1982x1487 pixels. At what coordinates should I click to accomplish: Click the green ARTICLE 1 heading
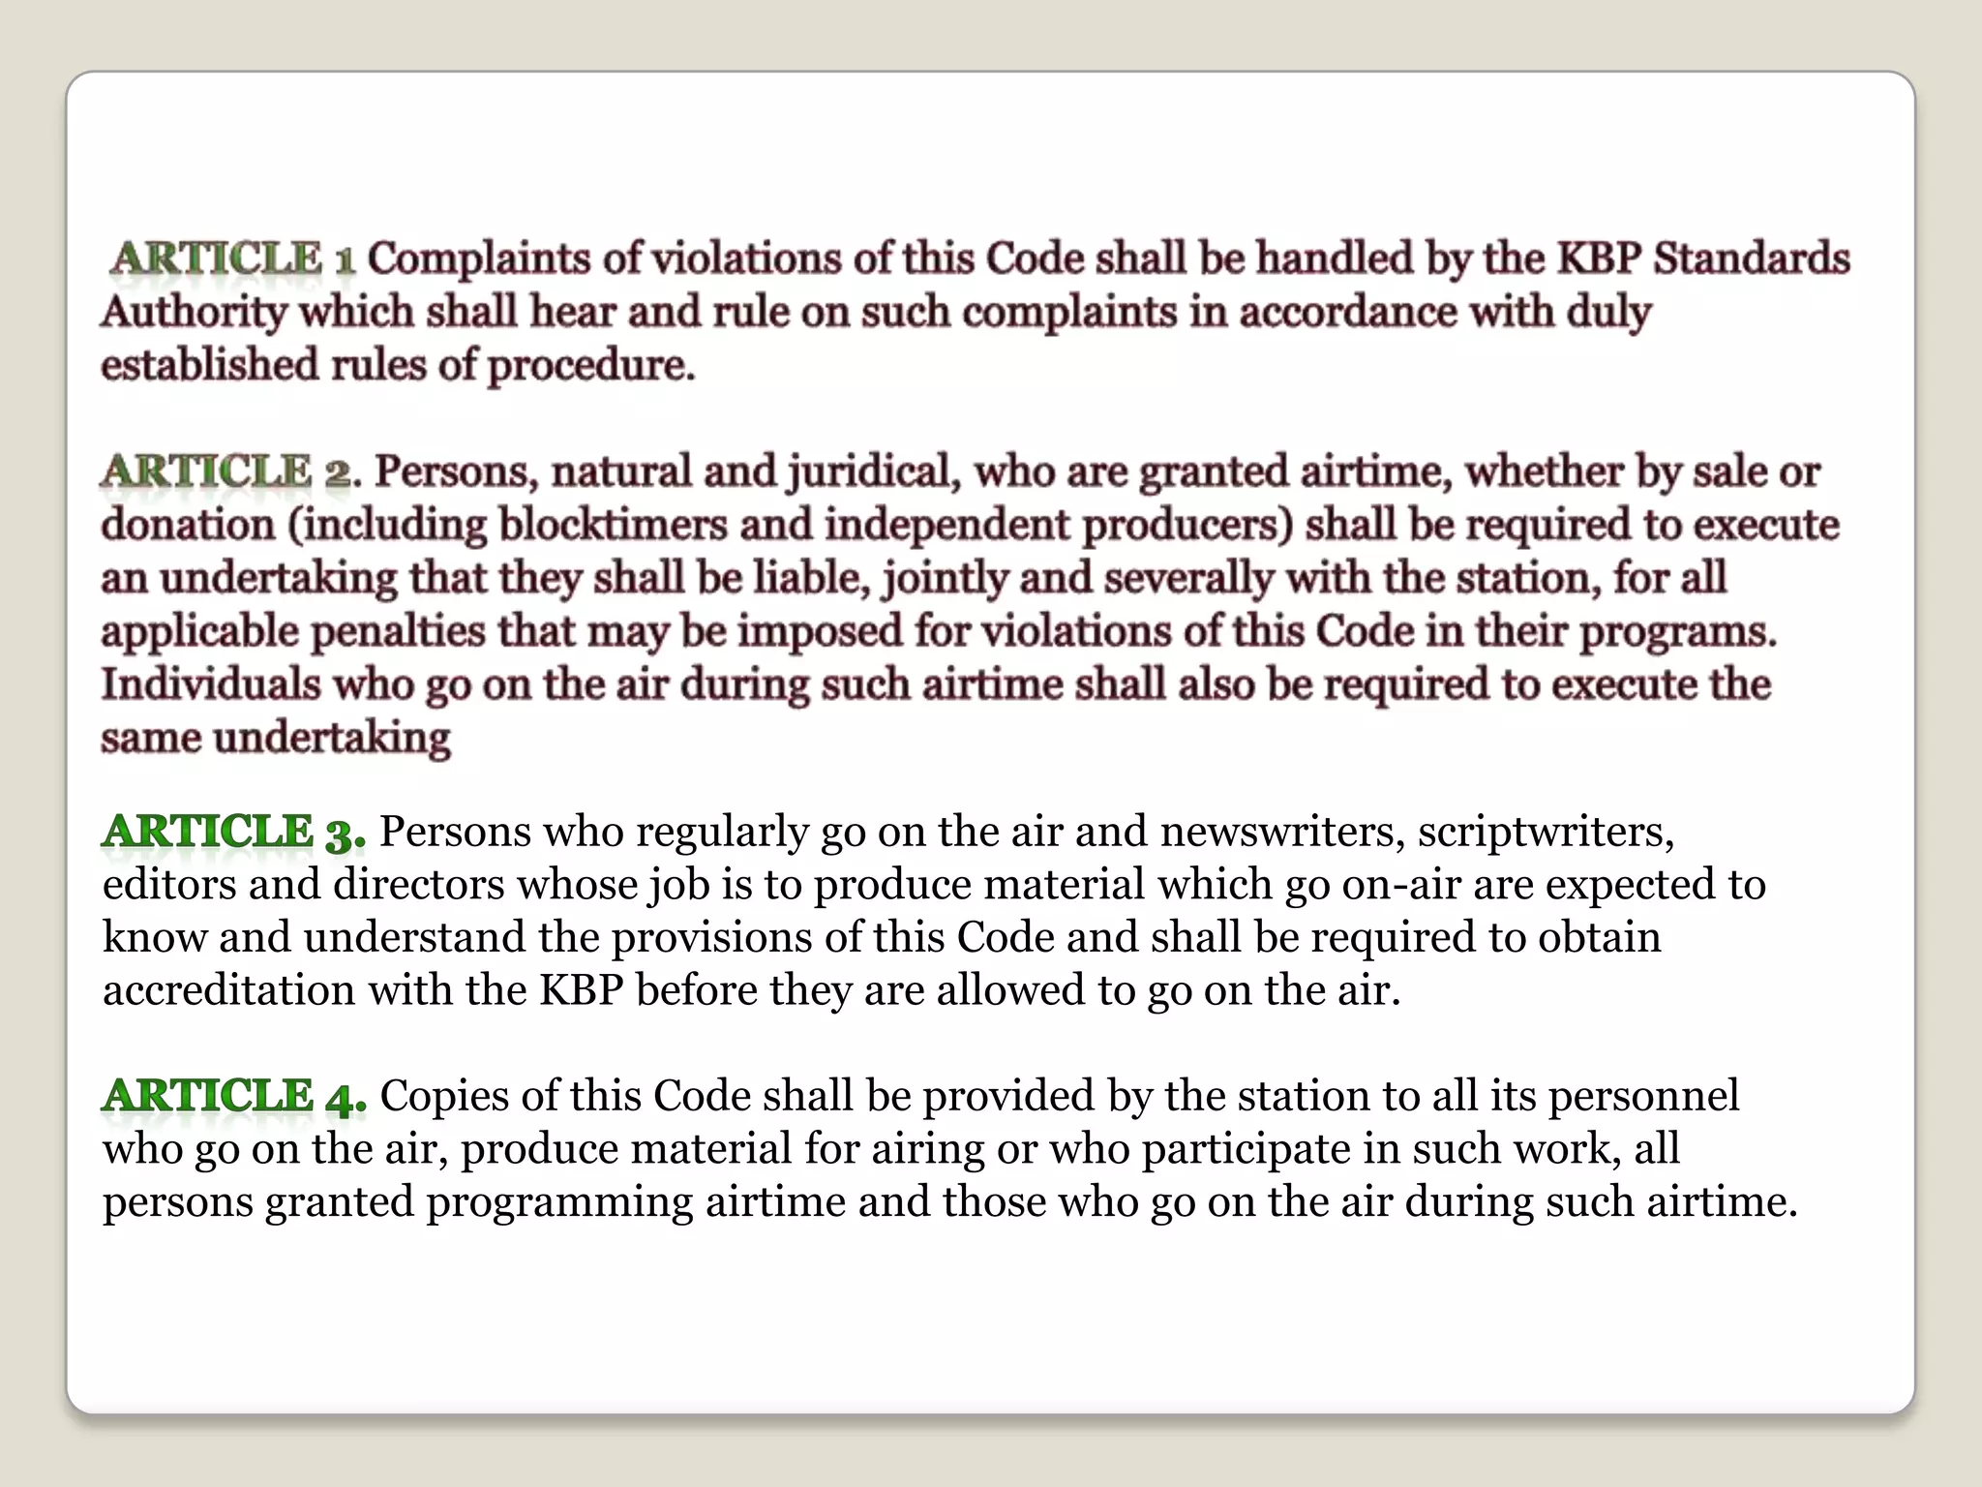(232, 259)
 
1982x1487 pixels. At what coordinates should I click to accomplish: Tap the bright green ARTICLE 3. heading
(233, 832)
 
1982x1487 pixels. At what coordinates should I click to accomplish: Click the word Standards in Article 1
(1751, 259)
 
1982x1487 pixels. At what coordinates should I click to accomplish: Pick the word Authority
(194, 313)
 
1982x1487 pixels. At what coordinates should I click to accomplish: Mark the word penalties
(398, 632)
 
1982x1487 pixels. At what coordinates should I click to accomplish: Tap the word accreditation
(228, 990)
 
